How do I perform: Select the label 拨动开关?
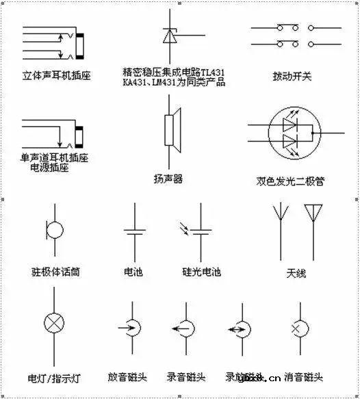tap(291, 76)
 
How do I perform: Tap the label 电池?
tap(133, 272)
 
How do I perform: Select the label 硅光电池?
tap(201, 272)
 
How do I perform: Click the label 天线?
tap(296, 275)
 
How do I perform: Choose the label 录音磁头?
tap(186, 376)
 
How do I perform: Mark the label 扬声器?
tap(168, 179)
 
